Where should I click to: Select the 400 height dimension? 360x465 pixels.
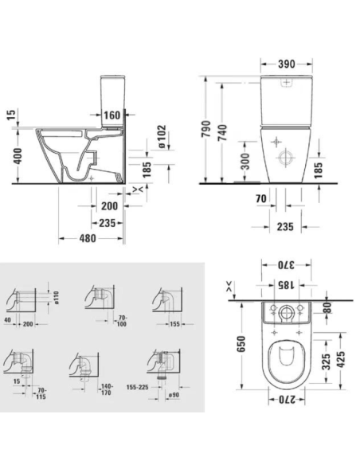7,156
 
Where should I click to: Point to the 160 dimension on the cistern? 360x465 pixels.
112,115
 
